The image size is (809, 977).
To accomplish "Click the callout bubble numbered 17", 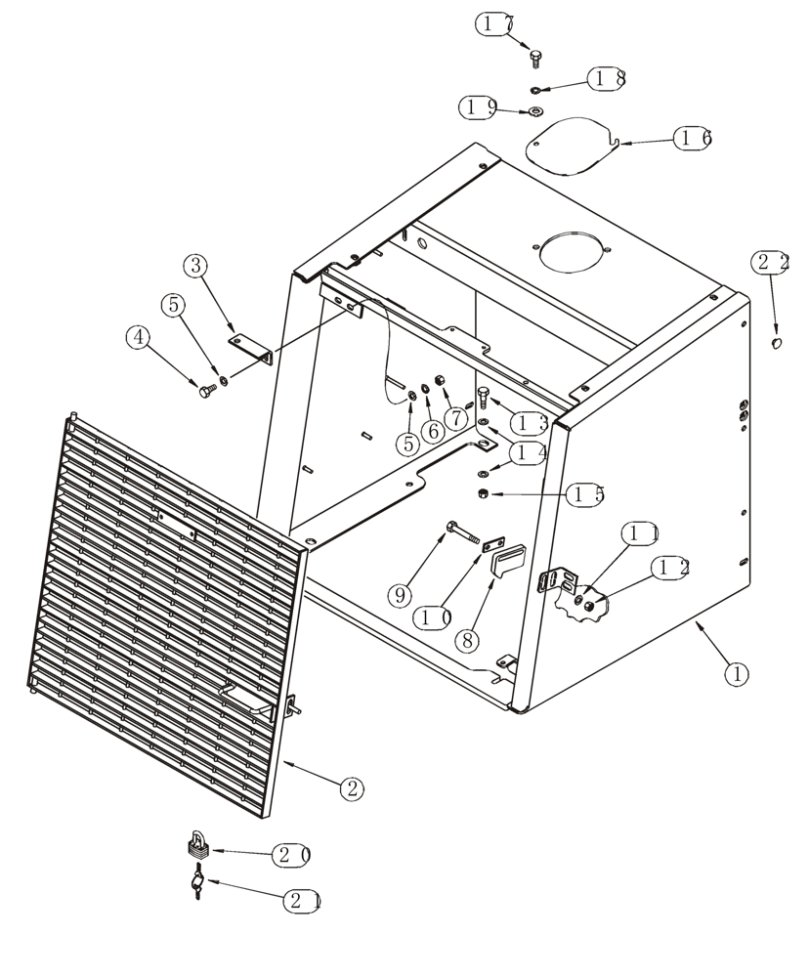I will pyautogui.click(x=496, y=24).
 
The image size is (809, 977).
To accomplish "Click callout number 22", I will pyautogui.click(x=771, y=262).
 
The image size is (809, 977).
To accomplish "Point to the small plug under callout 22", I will pyautogui.click(x=777, y=343).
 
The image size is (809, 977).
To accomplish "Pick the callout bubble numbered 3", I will pyautogui.click(x=196, y=265).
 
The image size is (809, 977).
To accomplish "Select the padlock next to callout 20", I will pyautogui.click(x=197, y=844).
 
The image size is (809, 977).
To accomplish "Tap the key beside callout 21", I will pyautogui.click(x=197, y=885).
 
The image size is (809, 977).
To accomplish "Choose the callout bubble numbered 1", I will pyautogui.click(x=736, y=673).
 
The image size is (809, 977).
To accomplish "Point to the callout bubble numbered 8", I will pyautogui.click(x=469, y=641).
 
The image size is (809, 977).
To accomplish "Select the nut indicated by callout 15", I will pyautogui.click(x=484, y=494).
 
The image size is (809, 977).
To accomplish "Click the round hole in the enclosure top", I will pyautogui.click(x=571, y=252).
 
